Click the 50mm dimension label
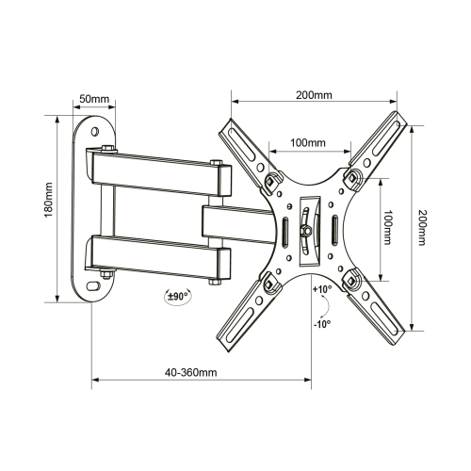point(91,99)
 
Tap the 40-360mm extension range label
point(189,373)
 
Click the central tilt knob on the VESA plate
point(305,227)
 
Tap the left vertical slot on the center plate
point(284,230)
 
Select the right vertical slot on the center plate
point(334,230)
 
